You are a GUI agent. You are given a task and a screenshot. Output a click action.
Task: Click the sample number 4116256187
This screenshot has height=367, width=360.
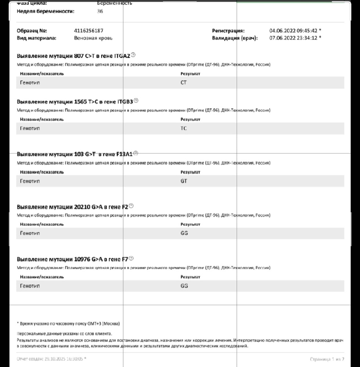point(89,31)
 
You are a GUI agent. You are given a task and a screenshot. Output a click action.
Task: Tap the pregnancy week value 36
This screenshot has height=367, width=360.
point(100,11)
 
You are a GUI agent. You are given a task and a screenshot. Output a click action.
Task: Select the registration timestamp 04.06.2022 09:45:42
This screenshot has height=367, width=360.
point(293,31)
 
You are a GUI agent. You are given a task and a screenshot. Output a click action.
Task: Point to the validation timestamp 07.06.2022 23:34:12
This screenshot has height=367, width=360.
point(293,38)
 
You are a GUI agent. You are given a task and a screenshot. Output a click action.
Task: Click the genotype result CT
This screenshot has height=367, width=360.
point(184,83)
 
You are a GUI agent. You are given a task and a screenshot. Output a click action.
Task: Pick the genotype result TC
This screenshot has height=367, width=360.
point(184,128)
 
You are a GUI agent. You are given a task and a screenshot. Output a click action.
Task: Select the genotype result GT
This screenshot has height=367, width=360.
point(184,181)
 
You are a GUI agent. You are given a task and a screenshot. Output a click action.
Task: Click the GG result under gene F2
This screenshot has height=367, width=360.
point(184,233)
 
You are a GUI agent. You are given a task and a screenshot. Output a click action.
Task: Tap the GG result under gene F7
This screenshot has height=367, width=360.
point(184,286)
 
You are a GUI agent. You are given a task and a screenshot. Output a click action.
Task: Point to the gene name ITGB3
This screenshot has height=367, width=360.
point(125,101)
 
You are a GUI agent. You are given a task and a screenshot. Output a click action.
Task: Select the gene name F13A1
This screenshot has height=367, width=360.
point(124,154)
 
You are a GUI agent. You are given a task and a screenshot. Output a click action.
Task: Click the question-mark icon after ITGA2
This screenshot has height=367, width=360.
point(133,55)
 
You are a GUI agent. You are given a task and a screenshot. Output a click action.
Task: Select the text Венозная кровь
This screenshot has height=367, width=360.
point(93,38)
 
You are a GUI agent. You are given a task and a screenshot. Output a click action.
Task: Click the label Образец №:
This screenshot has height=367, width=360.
point(32,31)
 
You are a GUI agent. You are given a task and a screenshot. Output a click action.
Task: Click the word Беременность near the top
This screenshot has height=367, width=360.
point(115,3)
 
